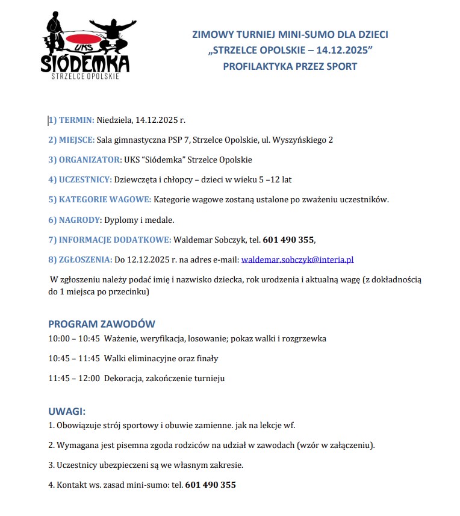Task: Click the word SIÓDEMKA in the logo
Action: coord(85,63)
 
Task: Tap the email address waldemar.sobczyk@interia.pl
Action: coord(297,260)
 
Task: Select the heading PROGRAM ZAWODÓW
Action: coord(102,323)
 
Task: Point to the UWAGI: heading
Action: coord(67,411)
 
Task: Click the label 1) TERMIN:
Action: coord(71,120)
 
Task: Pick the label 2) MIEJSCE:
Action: coord(71,140)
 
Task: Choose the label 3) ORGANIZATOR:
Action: coord(84,160)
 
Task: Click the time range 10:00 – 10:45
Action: coord(74,338)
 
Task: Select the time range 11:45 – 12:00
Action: coord(74,378)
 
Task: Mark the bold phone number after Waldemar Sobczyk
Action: coord(288,240)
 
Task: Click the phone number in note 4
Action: coord(210,484)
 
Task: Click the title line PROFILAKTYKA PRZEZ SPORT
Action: coord(290,66)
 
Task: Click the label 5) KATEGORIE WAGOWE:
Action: coord(100,199)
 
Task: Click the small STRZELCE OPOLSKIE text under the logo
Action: coord(85,76)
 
